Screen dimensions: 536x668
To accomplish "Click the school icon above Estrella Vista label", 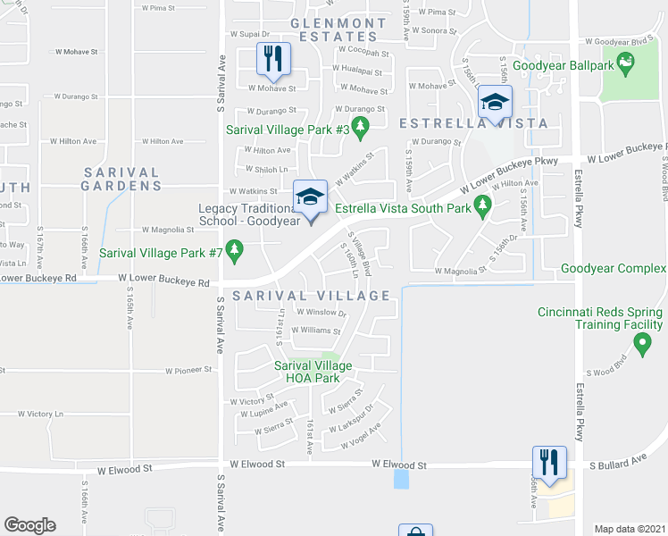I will pos(494,101).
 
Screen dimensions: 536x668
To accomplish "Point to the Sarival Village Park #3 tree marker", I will pos(361,130).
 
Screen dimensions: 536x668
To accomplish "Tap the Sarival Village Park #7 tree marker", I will pos(236,253).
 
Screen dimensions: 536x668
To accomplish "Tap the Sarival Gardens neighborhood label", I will pos(121,179).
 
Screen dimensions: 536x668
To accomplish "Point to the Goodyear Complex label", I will pos(614,268).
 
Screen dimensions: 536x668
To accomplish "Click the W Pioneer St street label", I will pos(188,369).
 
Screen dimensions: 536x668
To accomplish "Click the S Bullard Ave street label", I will pos(616,465).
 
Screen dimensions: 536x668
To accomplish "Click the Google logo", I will pos(29,525).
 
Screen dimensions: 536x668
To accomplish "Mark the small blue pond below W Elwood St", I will pos(401,480).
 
